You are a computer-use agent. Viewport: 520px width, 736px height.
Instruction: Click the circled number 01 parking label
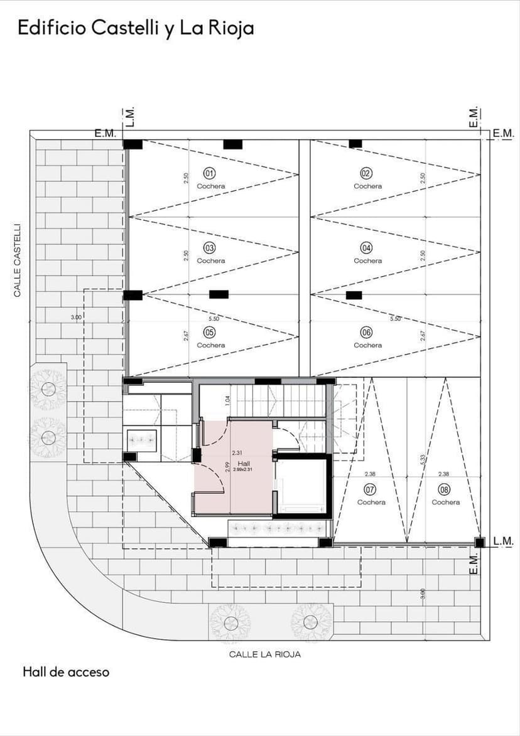pyautogui.click(x=210, y=173)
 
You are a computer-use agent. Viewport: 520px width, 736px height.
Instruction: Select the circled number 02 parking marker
pyautogui.click(x=367, y=173)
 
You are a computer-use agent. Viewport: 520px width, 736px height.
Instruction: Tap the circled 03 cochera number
pyautogui.click(x=210, y=247)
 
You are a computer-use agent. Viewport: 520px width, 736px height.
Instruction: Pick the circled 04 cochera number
pyautogui.click(x=367, y=247)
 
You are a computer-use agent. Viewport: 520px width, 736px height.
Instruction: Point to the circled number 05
pyautogui.click(x=210, y=332)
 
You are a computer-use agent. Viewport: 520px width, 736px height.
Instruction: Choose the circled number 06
pyautogui.click(x=367, y=332)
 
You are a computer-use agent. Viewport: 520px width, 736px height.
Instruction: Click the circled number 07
pyautogui.click(x=370, y=489)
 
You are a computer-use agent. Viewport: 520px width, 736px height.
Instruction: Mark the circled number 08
pyautogui.click(x=445, y=489)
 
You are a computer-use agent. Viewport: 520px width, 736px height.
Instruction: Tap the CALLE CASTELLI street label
pyautogui.click(x=18, y=260)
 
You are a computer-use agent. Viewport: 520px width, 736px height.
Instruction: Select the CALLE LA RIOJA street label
pyautogui.click(x=264, y=654)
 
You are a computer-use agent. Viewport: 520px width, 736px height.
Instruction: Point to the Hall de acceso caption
pyautogui.click(x=66, y=672)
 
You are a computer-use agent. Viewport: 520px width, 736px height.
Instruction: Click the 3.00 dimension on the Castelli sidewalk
pyautogui.click(x=76, y=317)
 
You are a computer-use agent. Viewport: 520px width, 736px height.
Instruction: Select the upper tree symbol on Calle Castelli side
pyautogui.click(x=48, y=388)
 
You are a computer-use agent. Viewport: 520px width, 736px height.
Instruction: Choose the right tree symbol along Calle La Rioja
pyautogui.click(x=309, y=622)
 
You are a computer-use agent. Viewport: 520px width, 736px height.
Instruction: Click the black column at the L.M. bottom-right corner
pyautogui.click(x=479, y=542)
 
